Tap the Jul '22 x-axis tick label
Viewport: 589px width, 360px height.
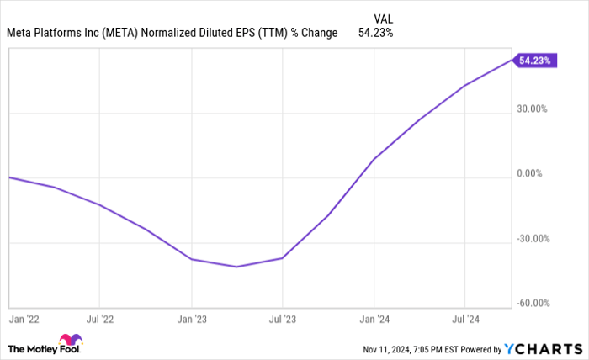tap(100, 320)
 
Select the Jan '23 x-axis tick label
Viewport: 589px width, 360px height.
tap(192, 320)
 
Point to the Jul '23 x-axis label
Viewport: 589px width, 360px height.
tap(283, 320)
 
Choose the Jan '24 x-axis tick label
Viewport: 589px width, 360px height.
tap(374, 320)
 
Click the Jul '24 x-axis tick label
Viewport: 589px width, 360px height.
tap(465, 320)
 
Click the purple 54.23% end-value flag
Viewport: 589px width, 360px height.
tap(536, 61)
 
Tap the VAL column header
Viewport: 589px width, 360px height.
tap(382, 17)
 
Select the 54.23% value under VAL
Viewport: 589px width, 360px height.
tap(374, 33)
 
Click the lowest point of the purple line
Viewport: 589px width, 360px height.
tap(237, 267)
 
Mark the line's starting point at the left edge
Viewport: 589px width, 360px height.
tap(9, 177)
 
